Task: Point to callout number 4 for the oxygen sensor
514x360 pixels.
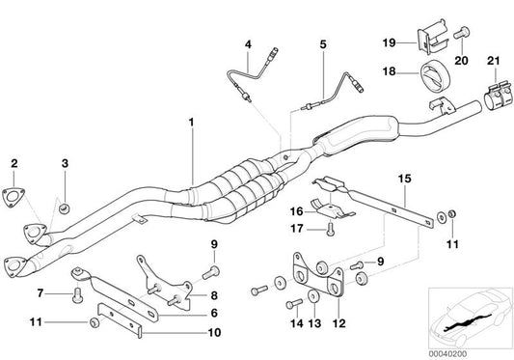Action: tap(248, 44)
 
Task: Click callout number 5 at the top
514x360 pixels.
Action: tap(323, 44)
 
